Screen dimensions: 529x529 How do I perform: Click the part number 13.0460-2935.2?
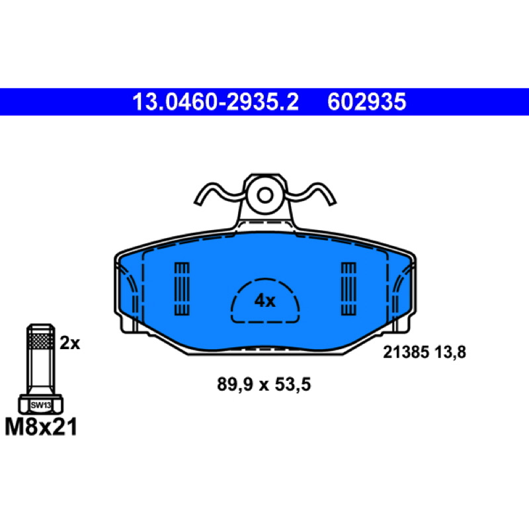coord(216,102)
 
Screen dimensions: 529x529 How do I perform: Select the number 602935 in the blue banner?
coord(367,102)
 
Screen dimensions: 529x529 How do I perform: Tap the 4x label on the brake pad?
coord(265,300)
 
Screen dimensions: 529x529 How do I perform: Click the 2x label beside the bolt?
coord(70,343)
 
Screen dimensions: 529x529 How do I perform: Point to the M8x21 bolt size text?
coord(41,427)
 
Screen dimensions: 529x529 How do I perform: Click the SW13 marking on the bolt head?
coord(41,405)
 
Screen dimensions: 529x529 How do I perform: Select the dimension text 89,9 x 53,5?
coord(264,384)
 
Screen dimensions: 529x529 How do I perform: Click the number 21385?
coord(406,352)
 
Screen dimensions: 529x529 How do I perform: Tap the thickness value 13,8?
coord(450,352)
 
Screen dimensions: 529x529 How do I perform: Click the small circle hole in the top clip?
coord(265,195)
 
